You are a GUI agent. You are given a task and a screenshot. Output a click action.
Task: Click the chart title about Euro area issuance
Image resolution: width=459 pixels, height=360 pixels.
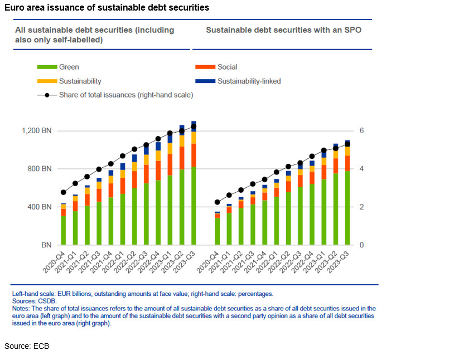tap(107, 8)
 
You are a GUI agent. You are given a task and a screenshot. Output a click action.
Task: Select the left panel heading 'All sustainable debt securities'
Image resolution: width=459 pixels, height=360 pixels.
tap(94, 35)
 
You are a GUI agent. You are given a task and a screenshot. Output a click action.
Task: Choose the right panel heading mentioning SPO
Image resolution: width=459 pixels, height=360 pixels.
tap(283, 30)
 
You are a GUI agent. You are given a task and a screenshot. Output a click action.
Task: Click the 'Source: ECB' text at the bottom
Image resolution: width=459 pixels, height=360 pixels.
tap(27, 347)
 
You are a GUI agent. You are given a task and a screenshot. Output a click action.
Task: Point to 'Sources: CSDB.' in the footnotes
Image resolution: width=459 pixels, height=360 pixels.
tap(34, 301)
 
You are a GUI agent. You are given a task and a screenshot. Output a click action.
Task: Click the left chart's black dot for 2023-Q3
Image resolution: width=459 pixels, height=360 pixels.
tap(194, 127)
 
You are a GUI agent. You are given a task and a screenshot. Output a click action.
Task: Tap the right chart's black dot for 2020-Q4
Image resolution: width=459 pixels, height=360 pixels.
tap(217, 202)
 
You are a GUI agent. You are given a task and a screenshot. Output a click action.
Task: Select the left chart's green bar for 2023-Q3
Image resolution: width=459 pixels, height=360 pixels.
tap(194, 206)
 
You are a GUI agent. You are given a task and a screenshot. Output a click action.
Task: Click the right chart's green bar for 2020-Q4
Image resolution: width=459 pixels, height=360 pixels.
tap(217, 232)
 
